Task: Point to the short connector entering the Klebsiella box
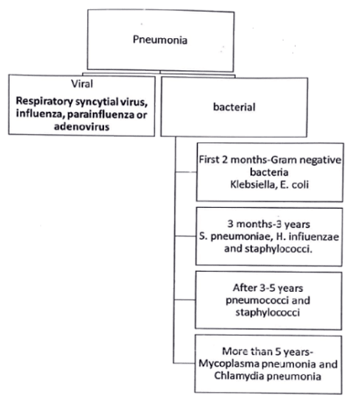[185, 172]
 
